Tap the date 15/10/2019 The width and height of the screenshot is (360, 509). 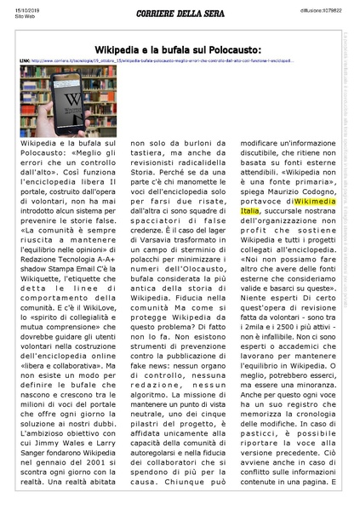tap(14, 8)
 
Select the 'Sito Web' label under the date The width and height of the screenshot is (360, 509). tap(13, 14)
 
